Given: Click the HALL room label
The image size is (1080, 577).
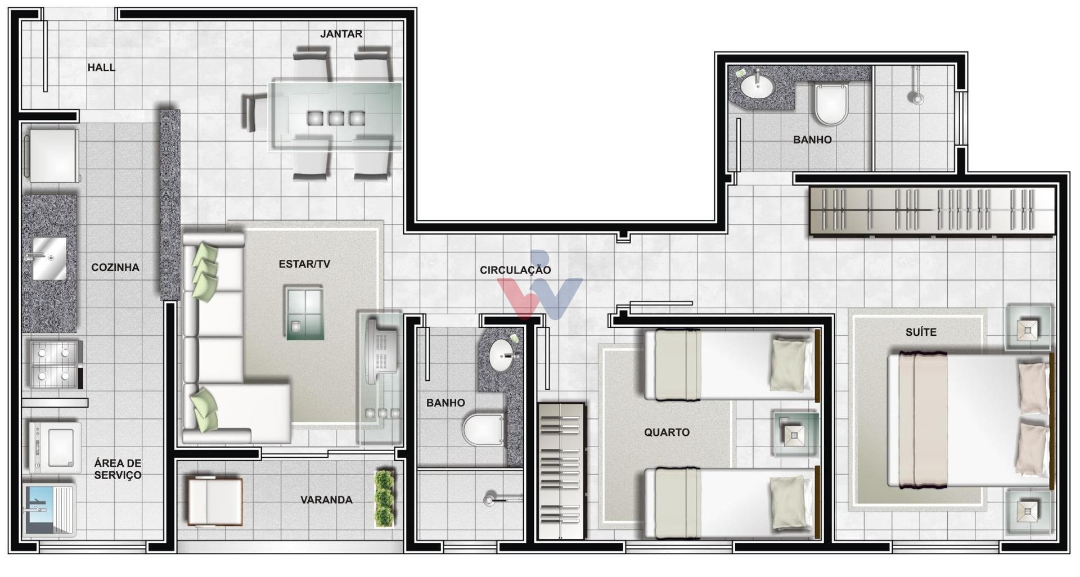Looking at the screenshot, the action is (x=101, y=67).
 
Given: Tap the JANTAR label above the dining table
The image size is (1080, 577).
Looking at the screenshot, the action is (x=341, y=34).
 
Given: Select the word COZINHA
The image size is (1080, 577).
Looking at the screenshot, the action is (x=115, y=267).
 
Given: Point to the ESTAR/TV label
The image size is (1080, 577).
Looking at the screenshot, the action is (x=304, y=264).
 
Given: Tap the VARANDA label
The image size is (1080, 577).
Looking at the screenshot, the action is (x=326, y=499).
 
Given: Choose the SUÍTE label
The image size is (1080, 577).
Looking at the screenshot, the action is (x=921, y=332).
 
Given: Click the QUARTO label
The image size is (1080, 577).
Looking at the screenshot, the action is (x=667, y=432).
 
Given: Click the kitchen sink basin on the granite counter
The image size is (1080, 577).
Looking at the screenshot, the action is (x=49, y=259).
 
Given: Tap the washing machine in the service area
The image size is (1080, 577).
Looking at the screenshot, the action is (x=55, y=448).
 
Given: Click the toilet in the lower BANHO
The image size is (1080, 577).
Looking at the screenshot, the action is (x=484, y=430).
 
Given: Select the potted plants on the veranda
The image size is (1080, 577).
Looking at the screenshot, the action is (x=384, y=499).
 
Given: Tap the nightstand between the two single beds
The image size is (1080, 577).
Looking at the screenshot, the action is (x=795, y=434).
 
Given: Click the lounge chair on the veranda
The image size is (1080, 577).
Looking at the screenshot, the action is (x=214, y=501).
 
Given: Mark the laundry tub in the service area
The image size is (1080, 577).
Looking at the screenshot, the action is (x=48, y=510).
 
